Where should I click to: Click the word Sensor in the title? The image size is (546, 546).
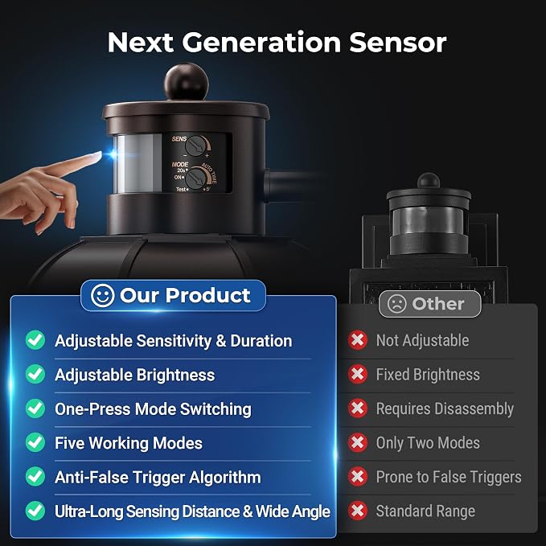[x=398, y=43]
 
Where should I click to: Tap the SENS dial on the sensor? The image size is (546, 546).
[x=195, y=146]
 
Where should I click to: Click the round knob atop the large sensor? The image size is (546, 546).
[x=187, y=81]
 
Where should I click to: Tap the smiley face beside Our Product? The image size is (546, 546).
[x=103, y=296]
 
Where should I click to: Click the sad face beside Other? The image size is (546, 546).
[x=396, y=304]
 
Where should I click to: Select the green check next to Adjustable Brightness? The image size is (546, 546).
[x=35, y=375]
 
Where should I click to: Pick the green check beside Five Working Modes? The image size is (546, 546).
[x=35, y=442]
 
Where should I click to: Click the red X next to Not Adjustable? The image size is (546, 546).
[x=358, y=340]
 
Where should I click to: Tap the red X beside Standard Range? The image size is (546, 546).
[x=358, y=511]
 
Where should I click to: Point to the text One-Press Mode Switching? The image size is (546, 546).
[x=153, y=409]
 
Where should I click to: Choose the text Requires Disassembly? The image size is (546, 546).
[x=445, y=409]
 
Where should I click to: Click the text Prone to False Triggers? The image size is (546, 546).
[x=449, y=477]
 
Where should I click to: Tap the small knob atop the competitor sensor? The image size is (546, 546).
[x=429, y=180]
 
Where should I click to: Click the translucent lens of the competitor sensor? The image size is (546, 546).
[x=428, y=221]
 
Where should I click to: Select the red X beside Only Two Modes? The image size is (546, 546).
[x=358, y=442]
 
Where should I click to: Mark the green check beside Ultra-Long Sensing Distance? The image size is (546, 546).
[x=35, y=511]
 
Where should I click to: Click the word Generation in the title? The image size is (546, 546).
[x=261, y=43]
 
